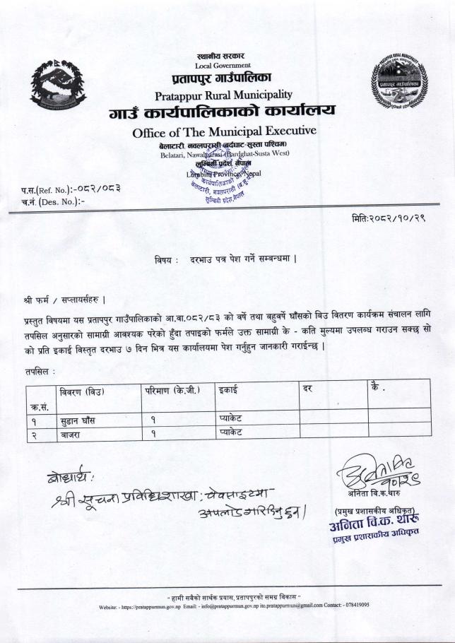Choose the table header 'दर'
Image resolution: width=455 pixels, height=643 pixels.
point(307,390)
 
